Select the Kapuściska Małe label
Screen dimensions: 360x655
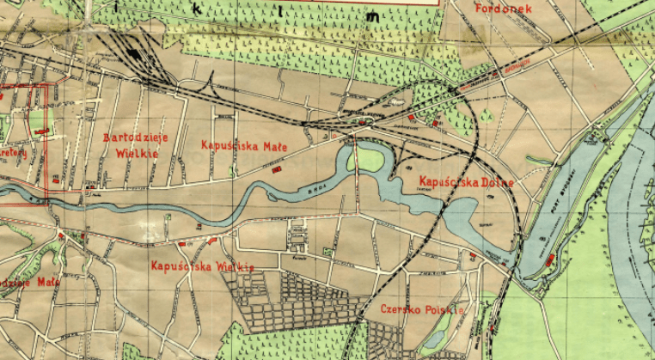click(x=242, y=144)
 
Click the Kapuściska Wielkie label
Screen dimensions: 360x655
click(x=202, y=266)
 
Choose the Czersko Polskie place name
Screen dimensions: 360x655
click(x=421, y=308)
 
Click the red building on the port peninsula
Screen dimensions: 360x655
click(x=549, y=259)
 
